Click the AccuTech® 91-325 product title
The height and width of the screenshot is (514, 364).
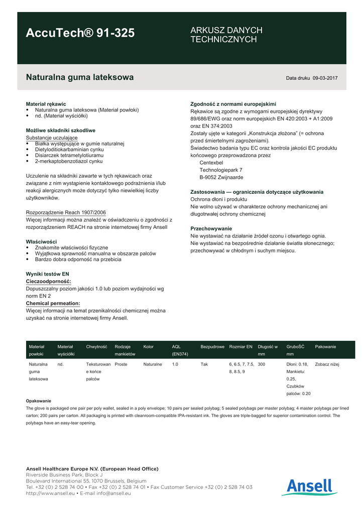click(x=80, y=33)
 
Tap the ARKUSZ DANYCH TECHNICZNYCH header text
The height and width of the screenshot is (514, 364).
click(x=226, y=35)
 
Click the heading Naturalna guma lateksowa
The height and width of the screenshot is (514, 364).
click(x=79, y=77)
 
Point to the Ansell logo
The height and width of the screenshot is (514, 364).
click(x=309, y=487)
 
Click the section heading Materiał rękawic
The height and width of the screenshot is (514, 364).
click(x=46, y=104)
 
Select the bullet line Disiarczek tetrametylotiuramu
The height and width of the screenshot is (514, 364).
click(x=66, y=155)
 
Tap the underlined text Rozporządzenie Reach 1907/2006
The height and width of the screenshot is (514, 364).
click(x=66, y=212)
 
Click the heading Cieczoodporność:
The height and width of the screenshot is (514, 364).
click(x=48, y=282)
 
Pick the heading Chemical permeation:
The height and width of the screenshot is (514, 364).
click(x=53, y=303)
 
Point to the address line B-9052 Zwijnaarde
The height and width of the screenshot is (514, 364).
click(x=221, y=177)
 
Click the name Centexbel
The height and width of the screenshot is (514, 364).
click(x=211, y=163)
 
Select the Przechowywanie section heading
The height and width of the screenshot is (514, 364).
click(x=211, y=228)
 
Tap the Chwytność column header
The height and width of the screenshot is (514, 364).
click(x=96, y=347)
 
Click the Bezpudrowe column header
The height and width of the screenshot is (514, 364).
click(x=212, y=347)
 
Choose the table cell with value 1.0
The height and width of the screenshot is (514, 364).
click(x=175, y=364)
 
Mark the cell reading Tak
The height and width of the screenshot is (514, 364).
click(x=204, y=364)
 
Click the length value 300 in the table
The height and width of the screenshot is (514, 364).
click(x=262, y=364)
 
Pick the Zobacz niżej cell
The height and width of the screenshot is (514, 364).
click(x=327, y=364)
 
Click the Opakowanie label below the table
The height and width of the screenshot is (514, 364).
click(x=38, y=401)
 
